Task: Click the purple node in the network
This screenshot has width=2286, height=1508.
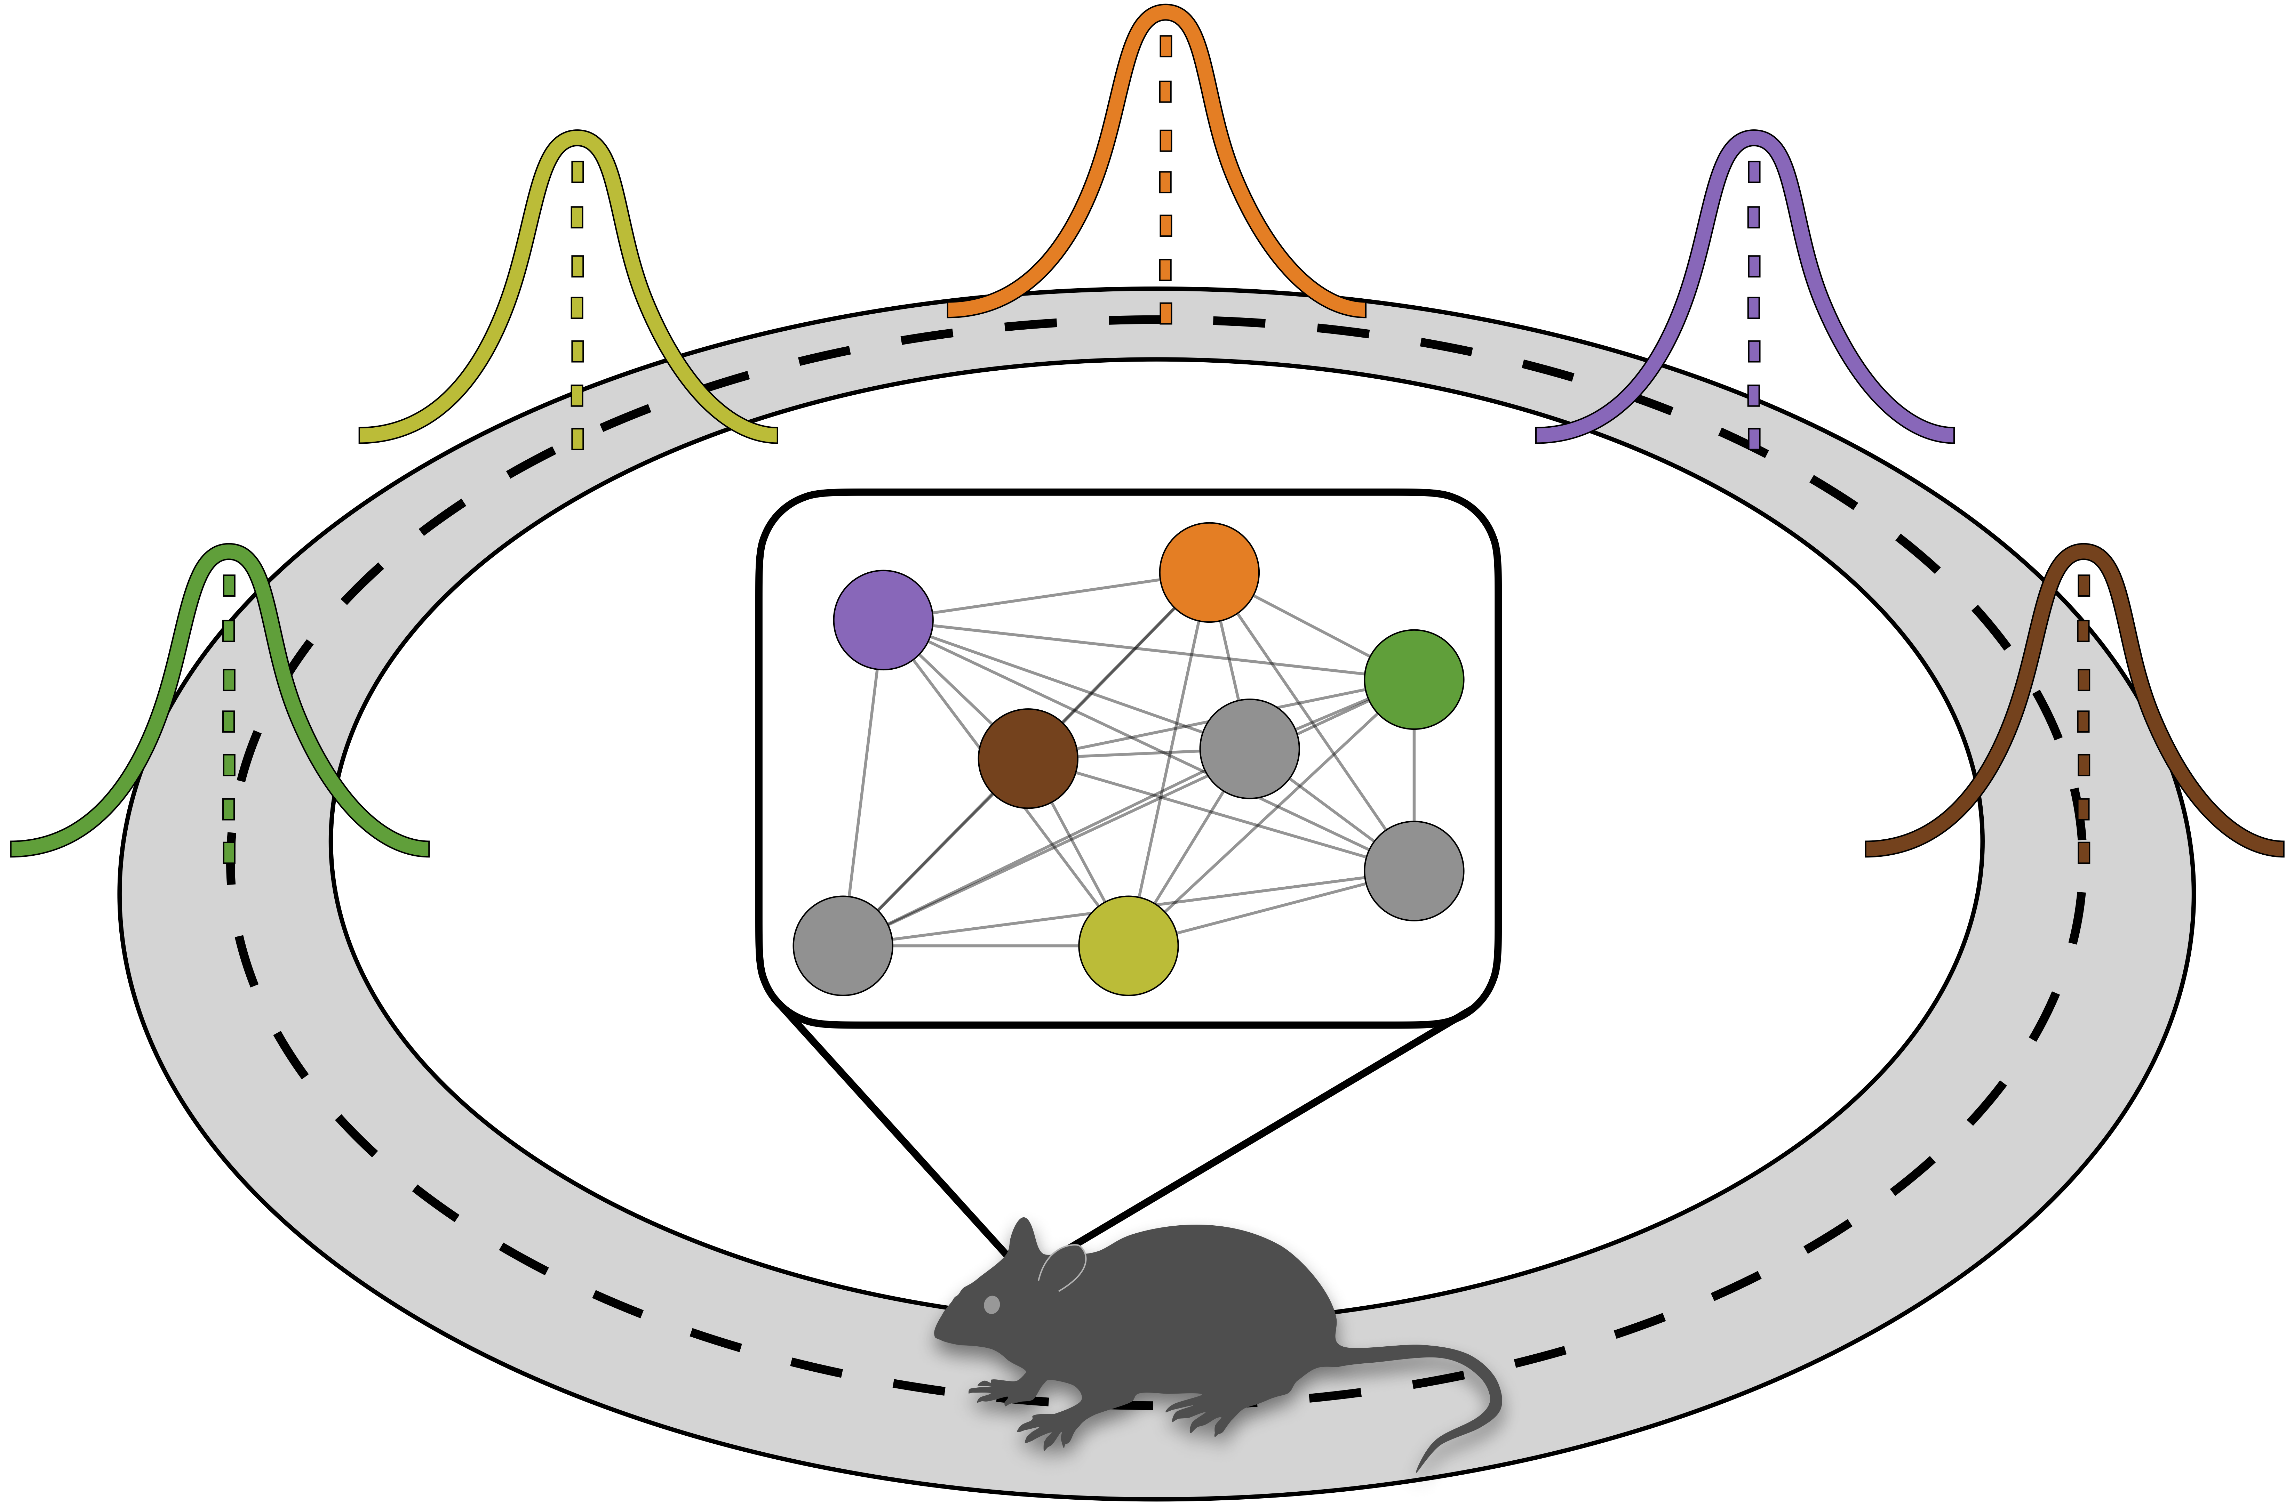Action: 882,619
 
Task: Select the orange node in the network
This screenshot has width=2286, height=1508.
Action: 1209,572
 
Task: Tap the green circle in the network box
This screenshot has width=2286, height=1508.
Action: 1413,679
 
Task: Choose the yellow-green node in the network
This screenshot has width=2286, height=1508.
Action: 1128,945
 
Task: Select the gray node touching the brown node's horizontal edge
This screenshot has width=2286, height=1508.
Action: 1249,748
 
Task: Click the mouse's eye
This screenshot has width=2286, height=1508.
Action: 991,1305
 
